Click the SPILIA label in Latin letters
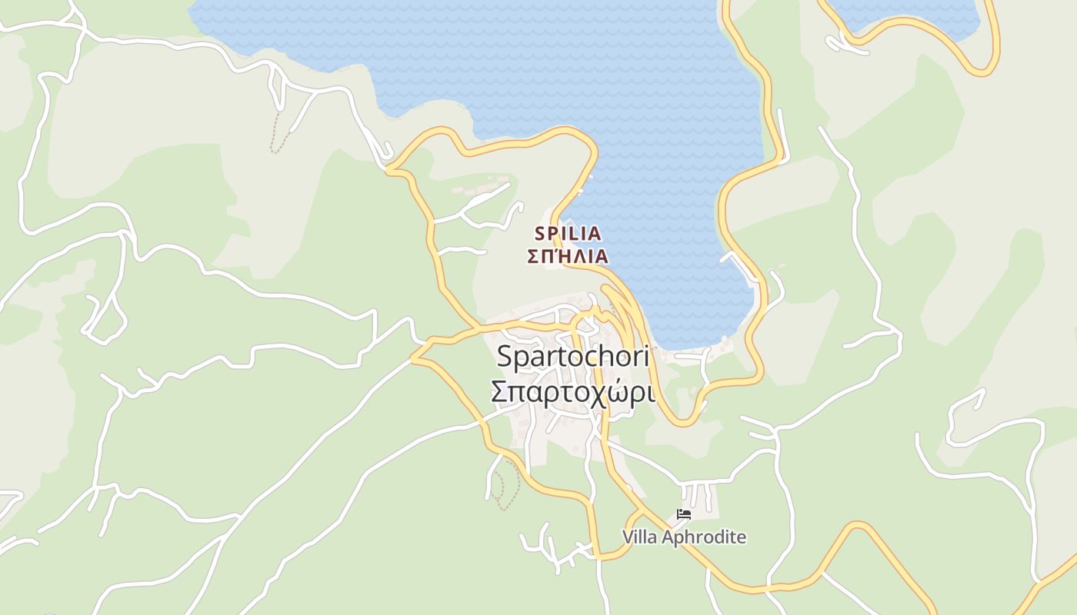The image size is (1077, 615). coord(568,233)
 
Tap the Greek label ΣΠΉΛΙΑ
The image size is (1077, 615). coord(568,256)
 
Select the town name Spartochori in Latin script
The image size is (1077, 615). coord(573,356)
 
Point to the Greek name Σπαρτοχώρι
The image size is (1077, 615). coord(573,392)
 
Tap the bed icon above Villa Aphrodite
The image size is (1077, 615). coord(683,514)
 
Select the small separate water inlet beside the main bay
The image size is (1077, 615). coord(908,15)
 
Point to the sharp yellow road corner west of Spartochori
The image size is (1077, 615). coord(414,357)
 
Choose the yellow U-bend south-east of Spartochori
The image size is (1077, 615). coord(681,421)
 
